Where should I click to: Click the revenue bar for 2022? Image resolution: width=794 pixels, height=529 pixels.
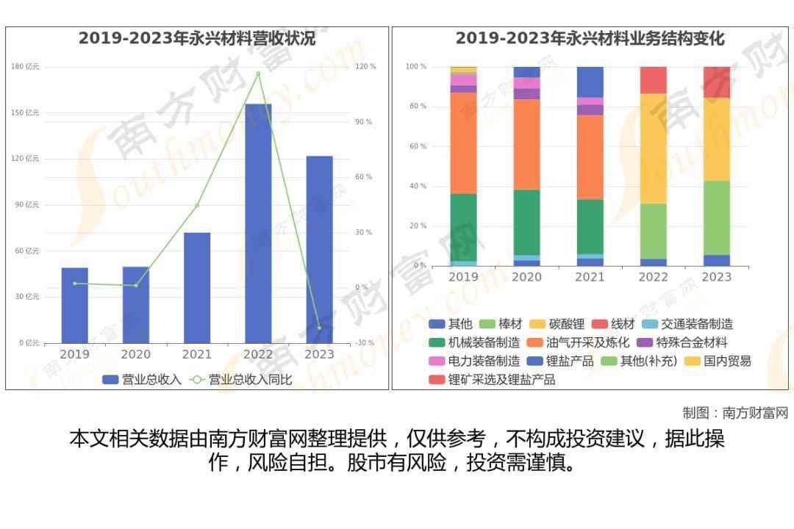click(258, 223)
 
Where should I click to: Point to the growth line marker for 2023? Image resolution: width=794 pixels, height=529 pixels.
click(319, 328)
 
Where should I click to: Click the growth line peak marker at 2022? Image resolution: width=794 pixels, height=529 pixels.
click(258, 73)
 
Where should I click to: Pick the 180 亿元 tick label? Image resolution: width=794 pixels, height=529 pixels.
click(25, 67)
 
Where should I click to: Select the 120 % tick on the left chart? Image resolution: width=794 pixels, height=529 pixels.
click(365, 67)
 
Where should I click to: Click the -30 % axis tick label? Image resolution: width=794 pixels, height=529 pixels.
click(365, 343)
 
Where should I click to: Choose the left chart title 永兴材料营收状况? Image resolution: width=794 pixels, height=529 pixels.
click(197, 38)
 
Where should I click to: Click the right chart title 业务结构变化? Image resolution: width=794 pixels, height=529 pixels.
click(590, 38)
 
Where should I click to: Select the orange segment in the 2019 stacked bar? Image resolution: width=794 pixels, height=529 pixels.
click(463, 143)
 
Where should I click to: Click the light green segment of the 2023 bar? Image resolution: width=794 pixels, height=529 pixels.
click(716, 217)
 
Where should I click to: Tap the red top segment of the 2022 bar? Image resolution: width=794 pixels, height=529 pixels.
click(653, 79)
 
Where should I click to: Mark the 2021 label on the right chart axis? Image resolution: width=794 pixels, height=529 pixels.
click(590, 277)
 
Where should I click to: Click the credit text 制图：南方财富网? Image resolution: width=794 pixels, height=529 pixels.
click(734, 413)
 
